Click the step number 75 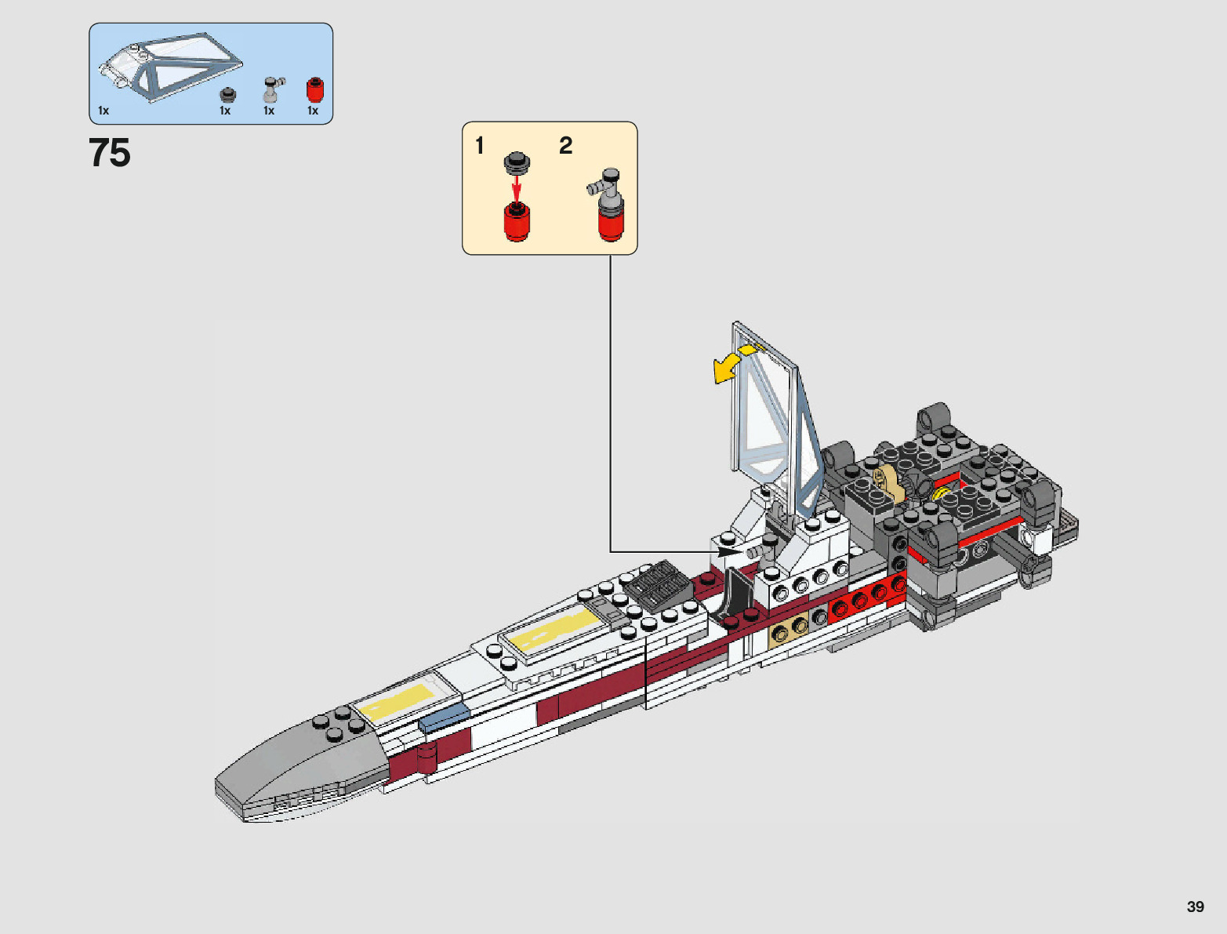pyautogui.click(x=110, y=153)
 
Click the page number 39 pyautogui.click(x=1195, y=907)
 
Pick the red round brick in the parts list pyautogui.click(x=314, y=90)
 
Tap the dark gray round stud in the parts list pyautogui.click(x=227, y=95)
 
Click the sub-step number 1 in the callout pyautogui.click(x=480, y=146)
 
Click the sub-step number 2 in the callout pyautogui.click(x=565, y=145)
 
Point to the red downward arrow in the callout pyautogui.click(x=516, y=188)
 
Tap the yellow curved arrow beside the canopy pyautogui.click(x=732, y=363)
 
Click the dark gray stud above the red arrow pyautogui.click(x=516, y=162)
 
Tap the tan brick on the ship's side pyautogui.click(x=790, y=627)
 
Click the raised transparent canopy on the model pyautogui.click(x=772, y=423)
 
